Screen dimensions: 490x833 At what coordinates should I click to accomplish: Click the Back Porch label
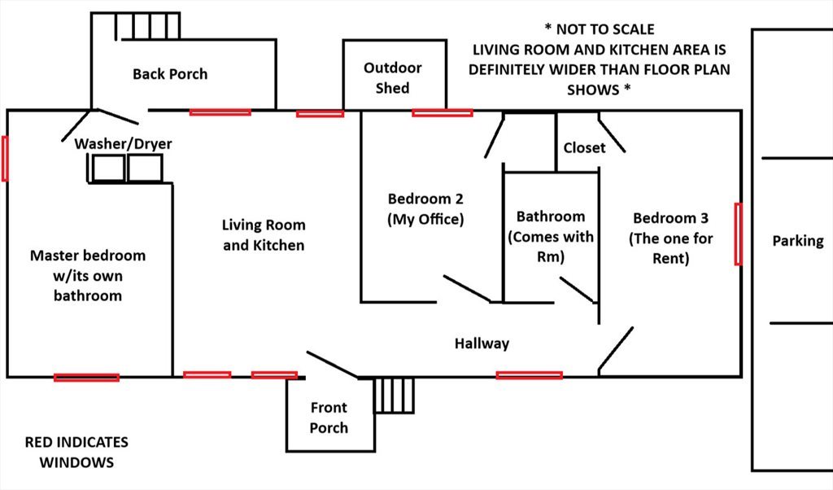point(170,74)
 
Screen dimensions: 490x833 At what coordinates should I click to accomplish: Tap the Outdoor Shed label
point(393,78)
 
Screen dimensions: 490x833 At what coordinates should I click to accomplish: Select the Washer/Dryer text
point(124,144)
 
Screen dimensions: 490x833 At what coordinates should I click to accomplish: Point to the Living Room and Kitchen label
point(264,234)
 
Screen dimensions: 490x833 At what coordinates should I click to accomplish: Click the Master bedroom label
point(88,275)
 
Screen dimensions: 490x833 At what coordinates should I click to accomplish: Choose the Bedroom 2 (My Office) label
point(425,208)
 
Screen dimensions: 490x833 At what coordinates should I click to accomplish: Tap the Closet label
point(584,147)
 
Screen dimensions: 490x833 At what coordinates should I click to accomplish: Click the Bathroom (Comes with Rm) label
point(551,236)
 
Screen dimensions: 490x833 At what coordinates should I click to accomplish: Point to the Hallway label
point(482,343)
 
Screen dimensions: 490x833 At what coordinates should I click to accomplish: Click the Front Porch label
point(329,418)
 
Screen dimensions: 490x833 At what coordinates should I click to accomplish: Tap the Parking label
point(797,241)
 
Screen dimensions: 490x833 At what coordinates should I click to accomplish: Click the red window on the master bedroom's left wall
point(5,159)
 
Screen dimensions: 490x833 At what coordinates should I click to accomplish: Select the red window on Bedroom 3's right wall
point(738,234)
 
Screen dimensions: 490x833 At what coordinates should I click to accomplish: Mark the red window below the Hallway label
point(529,375)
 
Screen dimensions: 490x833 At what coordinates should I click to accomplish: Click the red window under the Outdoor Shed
point(442,112)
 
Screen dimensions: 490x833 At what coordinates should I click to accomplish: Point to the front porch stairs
point(395,396)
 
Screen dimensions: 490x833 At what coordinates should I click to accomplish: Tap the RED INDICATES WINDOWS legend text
point(76,453)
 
